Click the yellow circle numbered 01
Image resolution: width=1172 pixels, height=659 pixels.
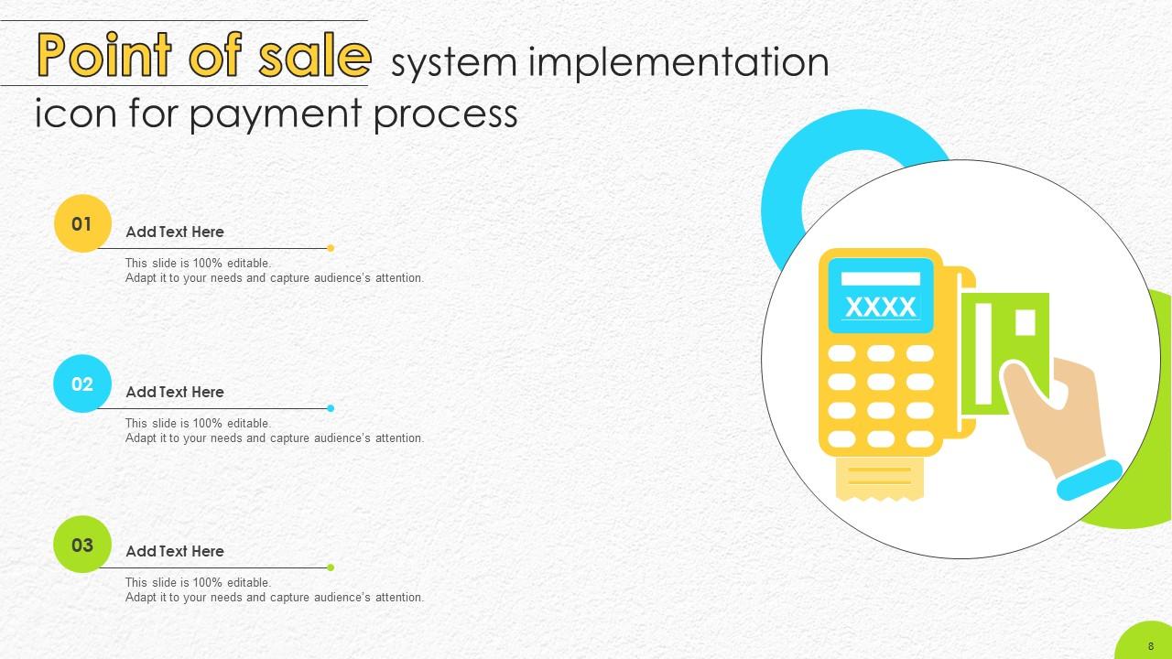82,223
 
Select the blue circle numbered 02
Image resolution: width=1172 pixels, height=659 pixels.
82,384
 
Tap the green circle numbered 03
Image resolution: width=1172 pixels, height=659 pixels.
82,545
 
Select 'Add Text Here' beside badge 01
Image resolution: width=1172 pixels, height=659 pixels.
174,232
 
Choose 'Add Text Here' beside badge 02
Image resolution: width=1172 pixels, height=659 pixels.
174,392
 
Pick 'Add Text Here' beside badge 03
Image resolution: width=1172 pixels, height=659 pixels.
174,551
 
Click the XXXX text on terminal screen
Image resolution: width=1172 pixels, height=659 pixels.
880,307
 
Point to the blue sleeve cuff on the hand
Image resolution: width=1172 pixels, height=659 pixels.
1090,480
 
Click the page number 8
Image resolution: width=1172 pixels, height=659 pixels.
1150,645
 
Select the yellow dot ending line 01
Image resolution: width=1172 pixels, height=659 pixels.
331,248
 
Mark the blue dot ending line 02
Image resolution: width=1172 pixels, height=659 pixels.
331,408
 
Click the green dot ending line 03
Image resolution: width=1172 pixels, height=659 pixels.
331,567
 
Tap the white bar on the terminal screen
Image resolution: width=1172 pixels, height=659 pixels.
880,278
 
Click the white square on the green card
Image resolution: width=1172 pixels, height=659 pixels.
1025,322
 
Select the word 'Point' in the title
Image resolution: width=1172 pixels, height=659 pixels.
99,57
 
